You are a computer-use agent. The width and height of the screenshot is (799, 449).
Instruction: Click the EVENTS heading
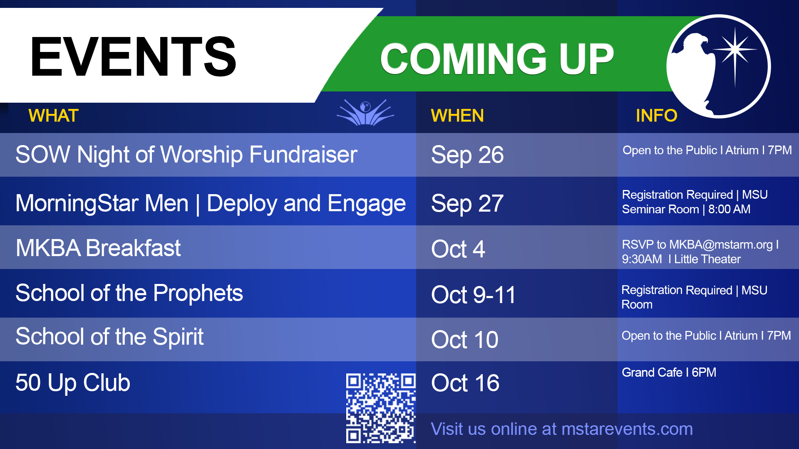point(133,57)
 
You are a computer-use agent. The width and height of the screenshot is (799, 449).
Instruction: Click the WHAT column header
point(54,116)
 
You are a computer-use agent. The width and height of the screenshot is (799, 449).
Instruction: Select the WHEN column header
point(457,116)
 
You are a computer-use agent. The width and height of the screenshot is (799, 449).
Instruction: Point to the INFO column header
point(657,116)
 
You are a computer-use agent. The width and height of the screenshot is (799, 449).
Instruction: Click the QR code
point(381,408)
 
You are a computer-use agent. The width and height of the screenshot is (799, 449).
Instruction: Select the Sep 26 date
point(467,155)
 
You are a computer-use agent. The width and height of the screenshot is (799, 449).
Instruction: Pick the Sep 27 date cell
point(467,204)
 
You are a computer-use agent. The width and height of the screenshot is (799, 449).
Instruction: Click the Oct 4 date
point(458,249)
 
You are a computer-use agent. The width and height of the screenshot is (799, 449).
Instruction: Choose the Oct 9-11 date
point(474,295)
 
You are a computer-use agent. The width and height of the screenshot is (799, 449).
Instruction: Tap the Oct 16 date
point(465,383)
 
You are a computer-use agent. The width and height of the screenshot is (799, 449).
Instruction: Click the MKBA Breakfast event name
point(98,248)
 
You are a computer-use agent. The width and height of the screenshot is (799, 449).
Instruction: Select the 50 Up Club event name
point(73,383)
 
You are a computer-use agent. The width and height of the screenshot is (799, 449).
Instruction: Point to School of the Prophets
point(129,293)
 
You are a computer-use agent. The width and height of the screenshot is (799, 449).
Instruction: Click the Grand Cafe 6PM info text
point(669,373)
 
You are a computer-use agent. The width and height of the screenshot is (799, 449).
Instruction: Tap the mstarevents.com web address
point(627,429)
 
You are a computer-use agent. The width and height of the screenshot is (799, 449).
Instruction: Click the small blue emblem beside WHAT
point(365,112)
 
